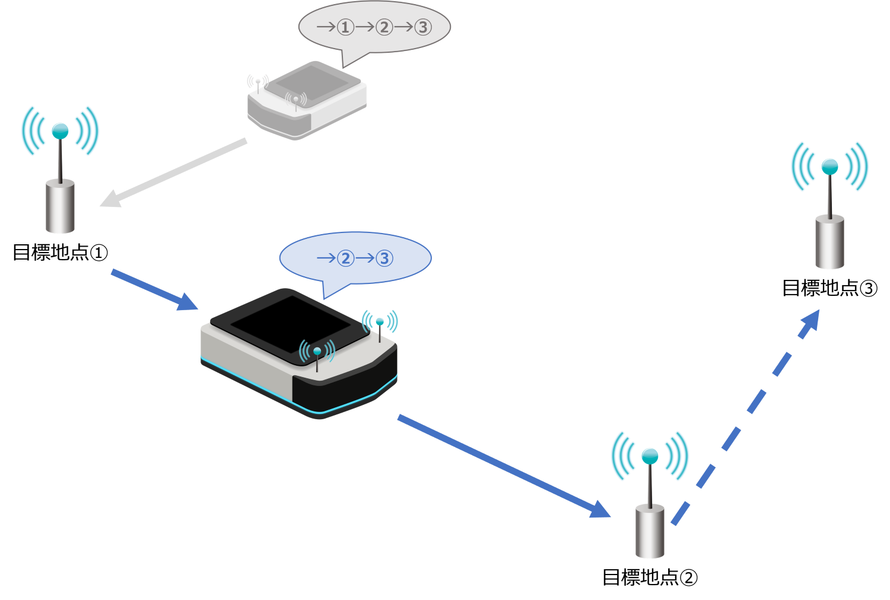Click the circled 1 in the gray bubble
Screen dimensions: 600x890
click(345, 27)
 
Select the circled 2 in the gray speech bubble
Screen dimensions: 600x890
click(384, 27)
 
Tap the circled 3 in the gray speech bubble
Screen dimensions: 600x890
click(422, 27)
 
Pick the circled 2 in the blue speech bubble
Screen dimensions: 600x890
click(345, 258)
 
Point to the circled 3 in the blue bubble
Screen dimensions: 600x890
click(384, 258)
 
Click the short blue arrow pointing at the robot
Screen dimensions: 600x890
click(154, 289)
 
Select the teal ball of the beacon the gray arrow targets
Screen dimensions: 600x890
click(60, 131)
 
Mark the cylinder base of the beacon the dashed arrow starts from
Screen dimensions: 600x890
click(650, 532)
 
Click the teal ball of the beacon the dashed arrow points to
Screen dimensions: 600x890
click(829, 167)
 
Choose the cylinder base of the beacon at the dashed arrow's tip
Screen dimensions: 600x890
click(829, 242)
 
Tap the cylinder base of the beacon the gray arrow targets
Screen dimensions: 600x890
click(60, 207)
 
